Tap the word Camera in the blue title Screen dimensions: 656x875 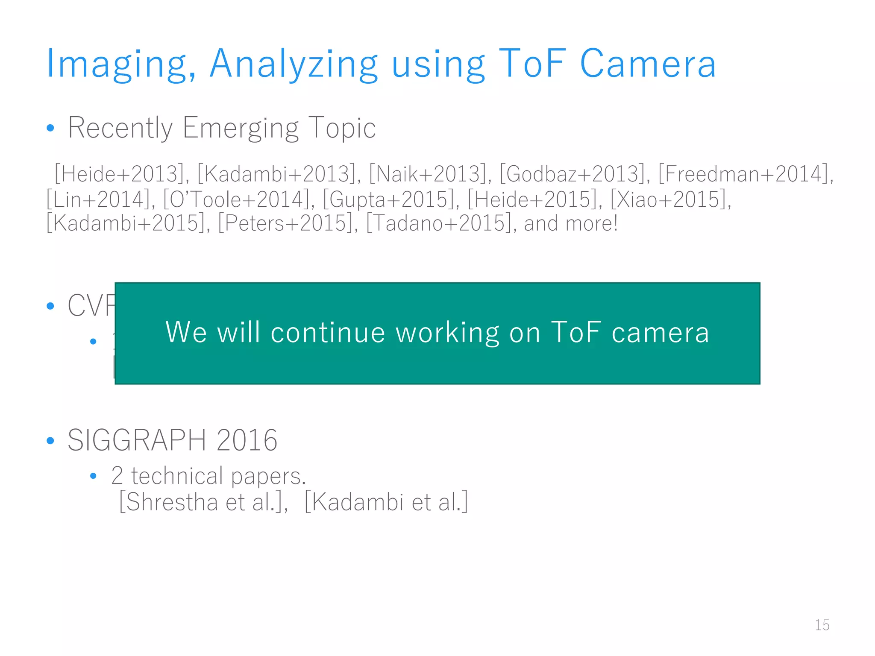(647, 64)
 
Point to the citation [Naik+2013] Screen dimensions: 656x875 (429, 174)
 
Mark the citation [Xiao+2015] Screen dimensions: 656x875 (670, 199)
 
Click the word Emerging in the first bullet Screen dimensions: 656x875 (241, 128)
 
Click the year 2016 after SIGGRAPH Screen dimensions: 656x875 (247, 440)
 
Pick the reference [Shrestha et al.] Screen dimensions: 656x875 (203, 502)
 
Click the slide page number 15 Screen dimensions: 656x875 (822, 625)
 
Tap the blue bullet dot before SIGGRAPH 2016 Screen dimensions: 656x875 (50, 440)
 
